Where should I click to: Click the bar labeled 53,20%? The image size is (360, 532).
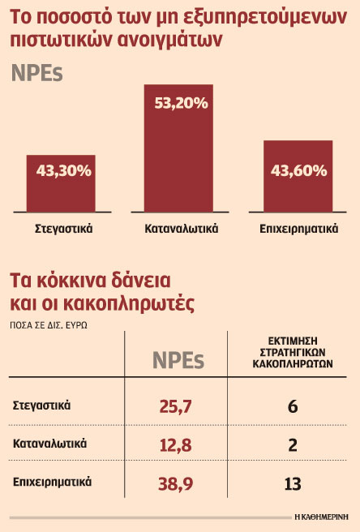coord(178,148)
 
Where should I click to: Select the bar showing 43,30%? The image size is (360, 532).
coord(61,183)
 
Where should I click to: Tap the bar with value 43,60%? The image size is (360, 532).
coord(298,177)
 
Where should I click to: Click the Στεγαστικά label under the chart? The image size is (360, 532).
coord(64,229)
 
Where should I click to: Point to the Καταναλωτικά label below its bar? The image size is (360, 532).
coord(181,229)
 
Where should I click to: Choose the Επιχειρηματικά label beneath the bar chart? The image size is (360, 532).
coord(298,229)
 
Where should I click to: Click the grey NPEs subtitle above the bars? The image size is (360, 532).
coord(37,73)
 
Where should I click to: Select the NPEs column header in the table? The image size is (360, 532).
coord(178,360)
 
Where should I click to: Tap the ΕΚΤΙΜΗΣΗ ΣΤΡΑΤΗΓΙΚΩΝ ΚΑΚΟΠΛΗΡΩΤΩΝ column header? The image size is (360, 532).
coord(293,352)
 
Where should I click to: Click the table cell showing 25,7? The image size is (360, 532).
coord(175,406)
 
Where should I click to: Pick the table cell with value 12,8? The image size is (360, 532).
coord(175,444)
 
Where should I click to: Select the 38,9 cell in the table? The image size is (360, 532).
coord(175,483)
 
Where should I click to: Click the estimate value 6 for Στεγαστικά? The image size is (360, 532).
coord(293,406)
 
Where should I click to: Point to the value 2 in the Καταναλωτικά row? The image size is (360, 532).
coord(293,444)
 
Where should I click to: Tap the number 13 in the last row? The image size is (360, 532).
coord(293,484)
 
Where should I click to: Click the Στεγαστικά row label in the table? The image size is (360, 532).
coord(41,405)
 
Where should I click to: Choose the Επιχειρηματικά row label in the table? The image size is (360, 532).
coord(52,482)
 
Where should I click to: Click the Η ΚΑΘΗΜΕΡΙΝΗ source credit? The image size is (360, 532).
coord(322,517)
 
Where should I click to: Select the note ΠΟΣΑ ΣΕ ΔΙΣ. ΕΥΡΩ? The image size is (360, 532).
coord(49,325)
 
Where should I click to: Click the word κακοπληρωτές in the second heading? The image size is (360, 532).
coord(129,302)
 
